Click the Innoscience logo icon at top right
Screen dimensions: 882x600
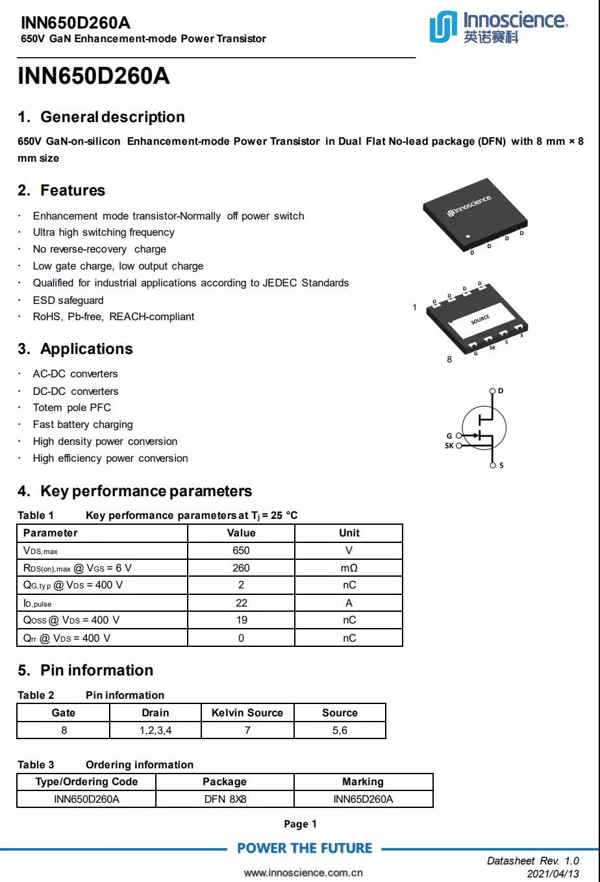pos(444,27)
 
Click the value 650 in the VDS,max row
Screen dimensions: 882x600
pos(241,550)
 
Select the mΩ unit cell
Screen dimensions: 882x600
pos(349,568)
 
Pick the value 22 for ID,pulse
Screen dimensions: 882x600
pos(241,603)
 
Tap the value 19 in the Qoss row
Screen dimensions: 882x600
pos(241,620)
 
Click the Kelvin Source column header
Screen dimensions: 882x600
pos(247,712)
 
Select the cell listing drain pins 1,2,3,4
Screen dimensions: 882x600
pos(155,730)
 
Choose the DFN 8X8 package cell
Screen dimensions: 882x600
pos(225,799)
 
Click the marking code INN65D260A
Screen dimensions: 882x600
pos(363,799)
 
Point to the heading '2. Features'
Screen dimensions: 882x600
pos(61,190)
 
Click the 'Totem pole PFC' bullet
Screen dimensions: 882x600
pos(72,407)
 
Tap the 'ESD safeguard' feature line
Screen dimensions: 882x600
pos(68,300)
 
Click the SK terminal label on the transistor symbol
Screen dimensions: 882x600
pos(449,446)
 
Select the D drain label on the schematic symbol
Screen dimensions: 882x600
pos(501,391)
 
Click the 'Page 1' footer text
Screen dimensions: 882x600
pos(300,824)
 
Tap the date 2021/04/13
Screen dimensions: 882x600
pos(553,874)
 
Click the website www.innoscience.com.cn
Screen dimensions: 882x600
pos(303,873)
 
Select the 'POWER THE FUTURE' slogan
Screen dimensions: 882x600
pos(305,848)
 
